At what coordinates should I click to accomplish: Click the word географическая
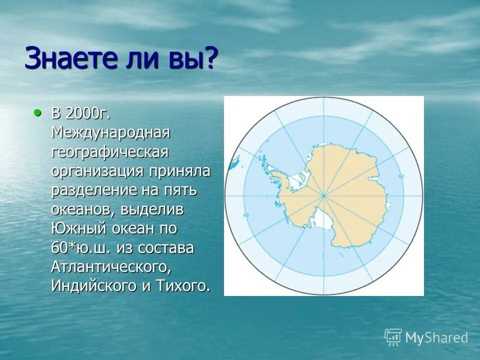[109, 151]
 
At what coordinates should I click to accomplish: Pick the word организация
[96, 171]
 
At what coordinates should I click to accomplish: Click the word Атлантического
[111, 267]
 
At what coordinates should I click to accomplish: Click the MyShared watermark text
[436, 337]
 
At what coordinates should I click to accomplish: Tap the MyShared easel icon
[393, 337]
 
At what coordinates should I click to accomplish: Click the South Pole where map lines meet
[323, 195]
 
